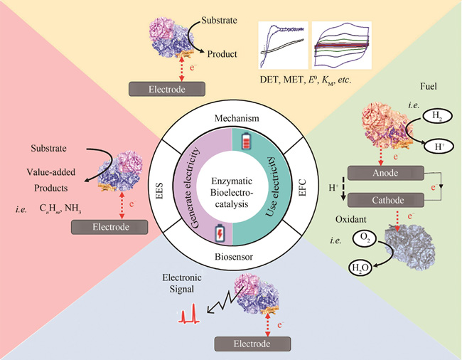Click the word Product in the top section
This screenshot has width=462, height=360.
tap(227, 53)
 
